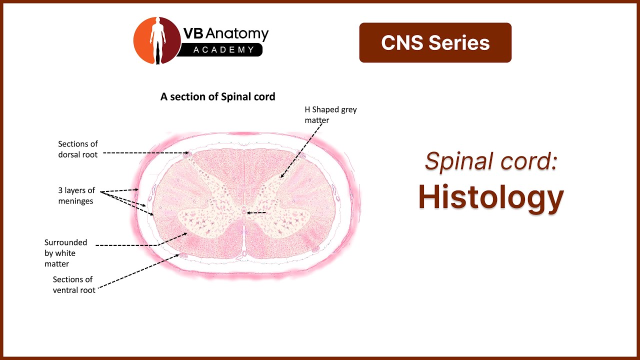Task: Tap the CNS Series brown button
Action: (x=435, y=43)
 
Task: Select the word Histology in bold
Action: (x=491, y=197)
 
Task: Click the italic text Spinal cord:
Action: (x=491, y=161)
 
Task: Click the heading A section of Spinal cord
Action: (x=217, y=96)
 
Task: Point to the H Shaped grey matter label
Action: (x=330, y=114)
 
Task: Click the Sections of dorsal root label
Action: (x=78, y=149)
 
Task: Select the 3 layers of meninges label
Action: (x=76, y=195)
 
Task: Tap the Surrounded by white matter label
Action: (x=65, y=253)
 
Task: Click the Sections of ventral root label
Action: (x=74, y=285)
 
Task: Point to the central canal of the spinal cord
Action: (x=244, y=212)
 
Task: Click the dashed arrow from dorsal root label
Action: (x=145, y=153)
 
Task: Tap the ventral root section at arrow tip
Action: (x=183, y=255)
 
